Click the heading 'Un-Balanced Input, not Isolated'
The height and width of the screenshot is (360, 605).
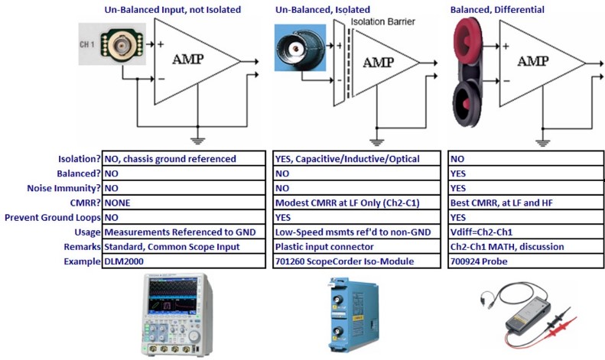[x=172, y=9]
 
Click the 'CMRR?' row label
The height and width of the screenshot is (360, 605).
[x=80, y=203]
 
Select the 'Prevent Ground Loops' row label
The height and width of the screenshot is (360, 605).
[x=54, y=217]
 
